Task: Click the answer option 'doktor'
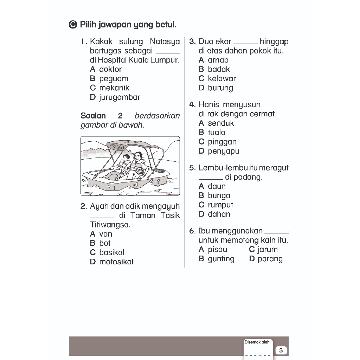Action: coord(110,69)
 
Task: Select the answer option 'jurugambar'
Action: coord(120,97)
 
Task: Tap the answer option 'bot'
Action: coord(105,243)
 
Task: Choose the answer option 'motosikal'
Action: coord(116,262)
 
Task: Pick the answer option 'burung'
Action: coord(220,88)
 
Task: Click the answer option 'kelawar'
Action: coord(221,79)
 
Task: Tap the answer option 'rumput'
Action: coord(220,205)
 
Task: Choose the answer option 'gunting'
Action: coord(221,259)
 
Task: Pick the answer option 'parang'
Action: coord(270,259)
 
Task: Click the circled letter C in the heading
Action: coord(73,25)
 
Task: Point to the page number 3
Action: coord(281,351)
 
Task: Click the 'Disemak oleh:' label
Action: coord(257,342)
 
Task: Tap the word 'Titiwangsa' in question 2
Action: coord(109,225)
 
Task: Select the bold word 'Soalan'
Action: coord(93,116)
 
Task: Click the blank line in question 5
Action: coord(211,178)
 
